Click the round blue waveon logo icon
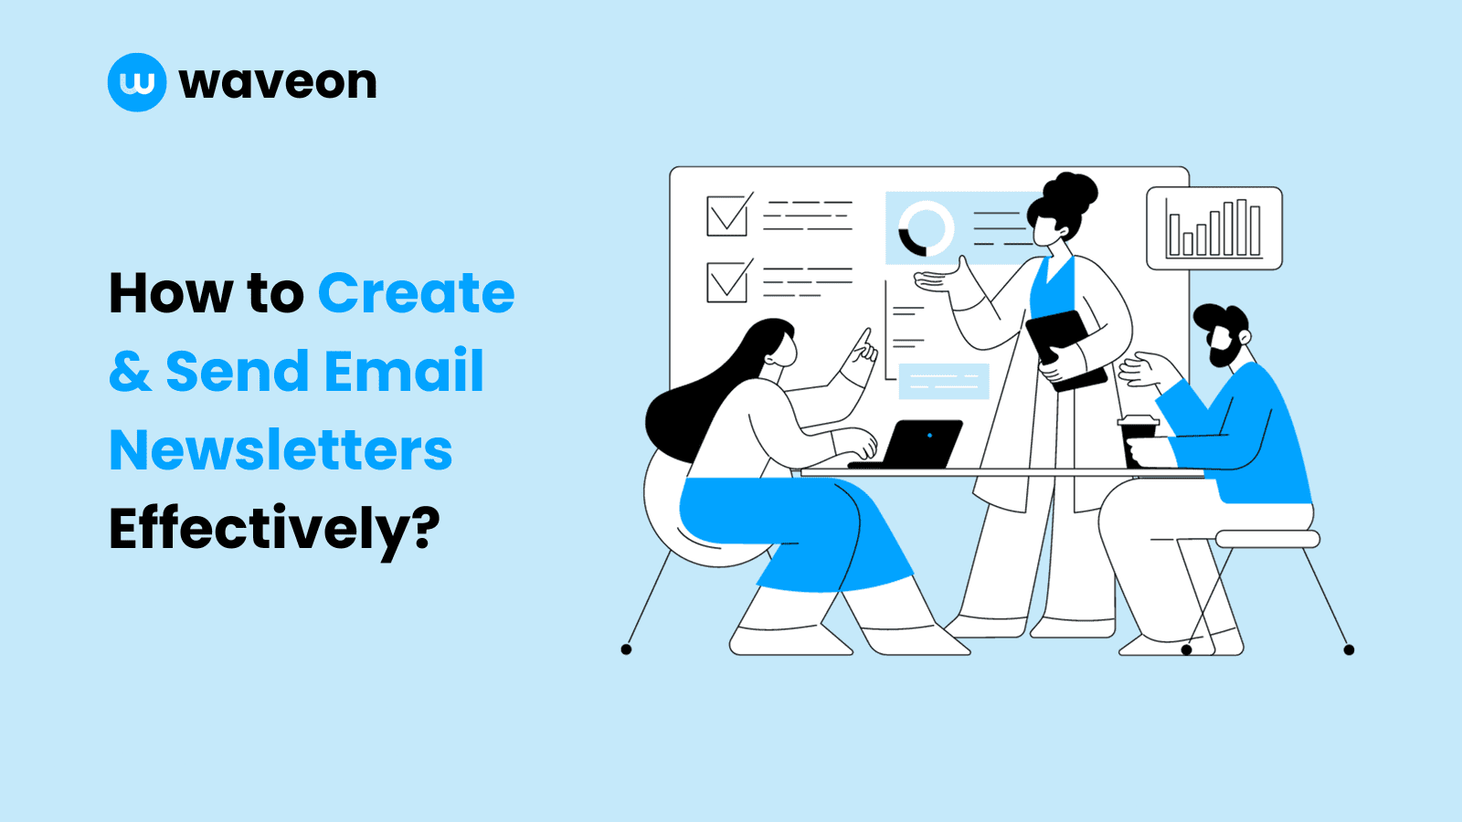(137, 82)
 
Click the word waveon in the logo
(278, 83)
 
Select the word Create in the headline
(416, 293)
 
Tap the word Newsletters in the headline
(281, 449)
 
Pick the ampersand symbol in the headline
(131, 372)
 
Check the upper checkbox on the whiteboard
(727, 216)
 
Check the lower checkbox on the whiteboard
(727, 281)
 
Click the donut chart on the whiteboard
(926, 228)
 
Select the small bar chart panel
(1214, 228)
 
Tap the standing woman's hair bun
(1071, 191)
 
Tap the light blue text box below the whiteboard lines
(944, 381)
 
